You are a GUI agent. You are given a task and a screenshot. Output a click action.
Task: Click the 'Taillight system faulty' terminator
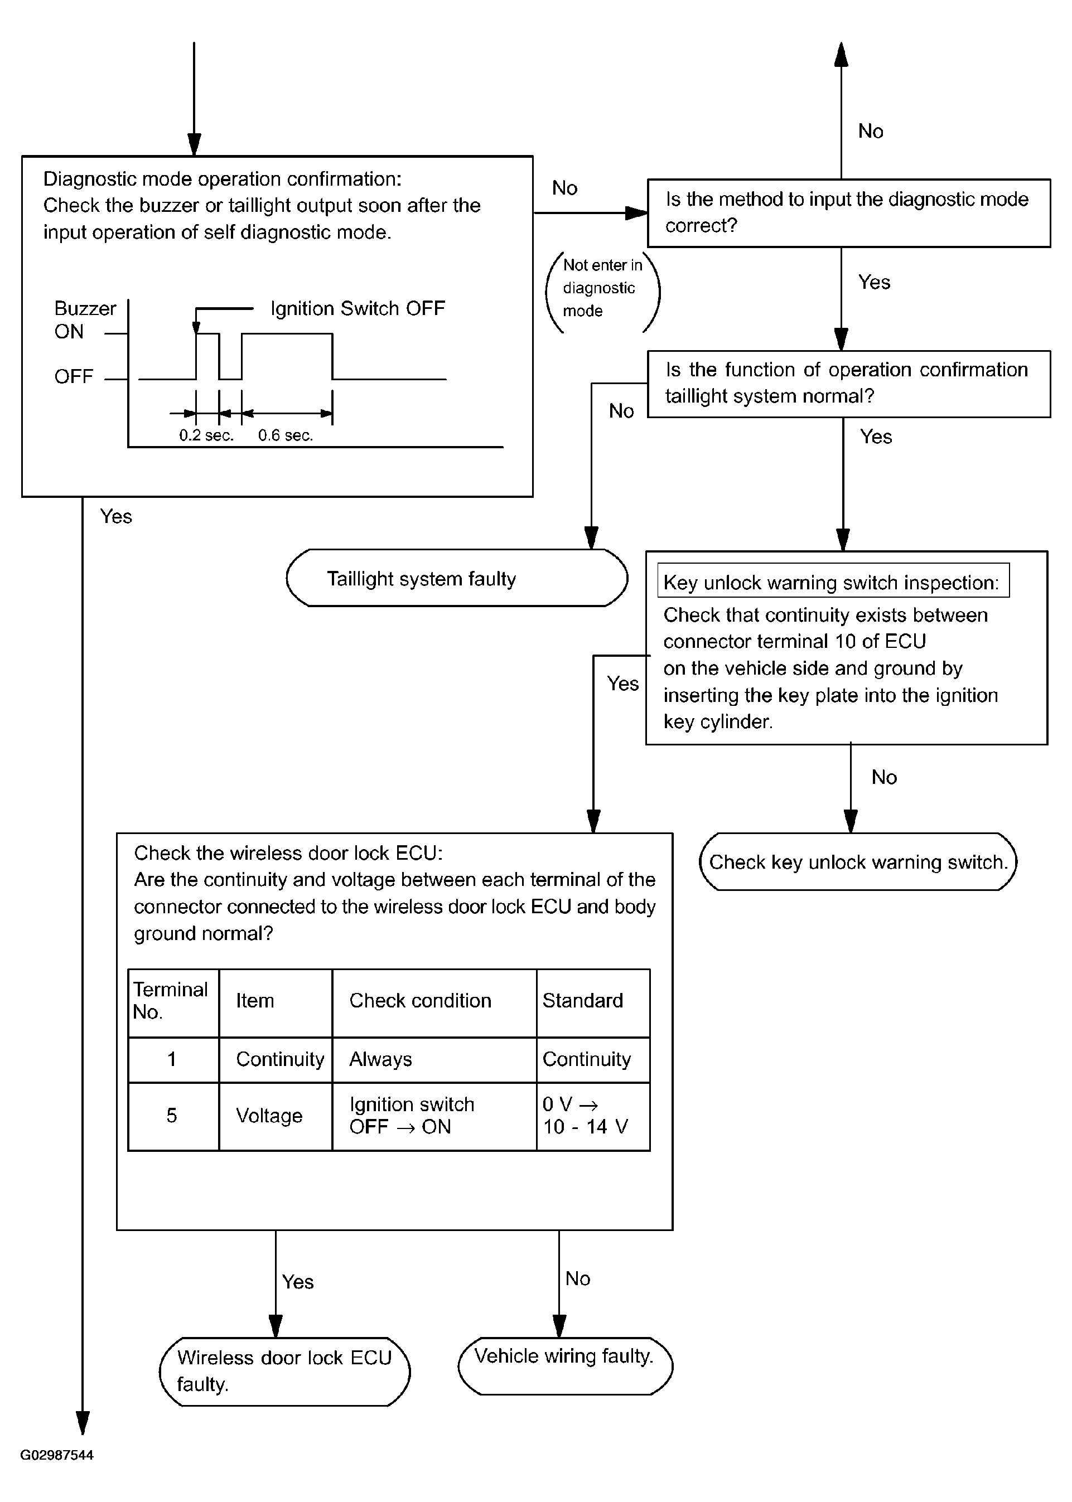[457, 578]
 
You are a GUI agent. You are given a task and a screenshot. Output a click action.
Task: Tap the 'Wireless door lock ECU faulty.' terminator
[284, 1372]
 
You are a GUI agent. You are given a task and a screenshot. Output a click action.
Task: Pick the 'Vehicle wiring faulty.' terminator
[565, 1365]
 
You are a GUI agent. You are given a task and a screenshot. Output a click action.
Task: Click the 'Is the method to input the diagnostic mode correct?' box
[849, 213]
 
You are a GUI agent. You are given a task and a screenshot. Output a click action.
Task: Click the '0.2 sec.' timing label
[206, 435]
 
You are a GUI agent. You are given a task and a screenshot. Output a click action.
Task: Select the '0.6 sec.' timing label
[285, 435]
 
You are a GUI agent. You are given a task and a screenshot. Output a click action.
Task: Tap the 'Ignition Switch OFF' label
[358, 308]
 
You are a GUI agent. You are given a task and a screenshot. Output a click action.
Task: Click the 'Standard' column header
[583, 1001]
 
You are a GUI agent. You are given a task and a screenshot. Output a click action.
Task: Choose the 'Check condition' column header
[421, 1001]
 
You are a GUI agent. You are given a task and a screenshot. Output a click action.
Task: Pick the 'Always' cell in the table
[381, 1059]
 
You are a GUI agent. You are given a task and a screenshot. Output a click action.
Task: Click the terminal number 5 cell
[172, 1116]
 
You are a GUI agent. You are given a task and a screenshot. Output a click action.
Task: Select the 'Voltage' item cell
[269, 1116]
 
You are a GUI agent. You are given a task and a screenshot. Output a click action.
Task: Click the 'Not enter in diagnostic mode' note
[602, 288]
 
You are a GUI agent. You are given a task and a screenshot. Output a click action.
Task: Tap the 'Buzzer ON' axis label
[85, 320]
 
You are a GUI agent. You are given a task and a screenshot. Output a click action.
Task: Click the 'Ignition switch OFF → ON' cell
[412, 1116]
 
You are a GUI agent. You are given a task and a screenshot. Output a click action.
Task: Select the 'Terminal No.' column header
[170, 1001]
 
